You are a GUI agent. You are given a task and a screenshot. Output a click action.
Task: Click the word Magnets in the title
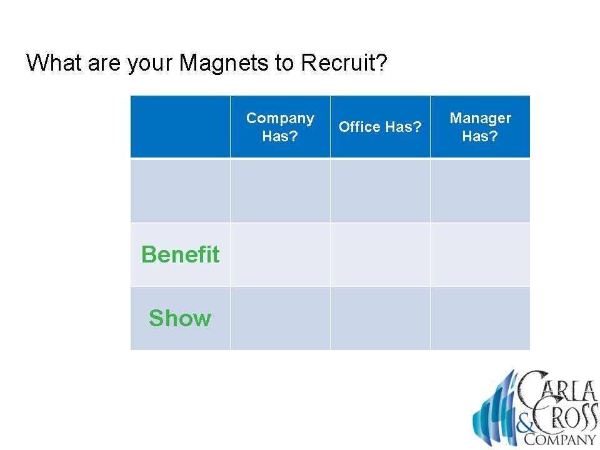[x=224, y=63]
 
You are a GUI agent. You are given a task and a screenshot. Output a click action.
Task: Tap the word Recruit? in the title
[x=344, y=62]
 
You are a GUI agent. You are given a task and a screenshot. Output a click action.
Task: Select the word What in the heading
[x=54, y=62]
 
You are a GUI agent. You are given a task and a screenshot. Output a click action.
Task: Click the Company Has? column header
[x=280, y=127]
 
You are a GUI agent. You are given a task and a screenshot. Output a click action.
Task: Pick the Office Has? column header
[x=380, y=127]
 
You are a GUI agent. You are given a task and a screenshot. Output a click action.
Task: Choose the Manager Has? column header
[x=480, y=127]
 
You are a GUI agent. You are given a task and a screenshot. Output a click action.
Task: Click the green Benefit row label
[x=180, y=254]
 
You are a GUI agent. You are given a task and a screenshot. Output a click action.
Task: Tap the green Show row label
[x=180, y=318]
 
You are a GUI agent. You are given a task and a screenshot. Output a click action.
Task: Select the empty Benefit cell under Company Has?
[x=280, y=255]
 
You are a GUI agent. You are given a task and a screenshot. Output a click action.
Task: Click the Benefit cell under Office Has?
[x=380, y=255]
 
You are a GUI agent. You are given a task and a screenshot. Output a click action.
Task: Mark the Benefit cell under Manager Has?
[x=480, y=255]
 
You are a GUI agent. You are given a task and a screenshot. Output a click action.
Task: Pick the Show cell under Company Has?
[x=280, y=318]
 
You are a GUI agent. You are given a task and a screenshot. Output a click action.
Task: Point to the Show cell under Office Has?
[x=380, y=318]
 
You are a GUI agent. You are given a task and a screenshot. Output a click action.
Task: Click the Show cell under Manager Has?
[x=480, y=318]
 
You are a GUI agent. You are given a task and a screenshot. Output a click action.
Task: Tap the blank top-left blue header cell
[x=180, y=127]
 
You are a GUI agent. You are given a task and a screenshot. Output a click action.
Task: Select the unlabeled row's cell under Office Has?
[x=380, y=191]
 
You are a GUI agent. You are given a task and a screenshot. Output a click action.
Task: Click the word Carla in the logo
[x=557, y=386]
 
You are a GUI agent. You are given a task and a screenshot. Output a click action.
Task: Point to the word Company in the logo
[x=560, y=439]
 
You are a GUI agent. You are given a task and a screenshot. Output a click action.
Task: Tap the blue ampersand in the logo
[x=524, y=426]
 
